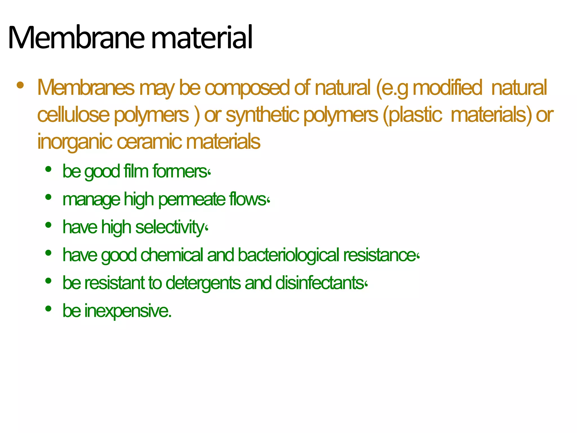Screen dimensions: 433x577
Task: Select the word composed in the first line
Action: coord(247,88)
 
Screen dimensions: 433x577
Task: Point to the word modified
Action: coord(447,88)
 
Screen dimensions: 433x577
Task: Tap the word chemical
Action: coord(172,255)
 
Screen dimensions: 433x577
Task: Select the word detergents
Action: coord(203,283)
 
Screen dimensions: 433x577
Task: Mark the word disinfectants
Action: coord(321,283)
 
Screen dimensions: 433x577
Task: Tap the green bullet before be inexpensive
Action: coord(48,309)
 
